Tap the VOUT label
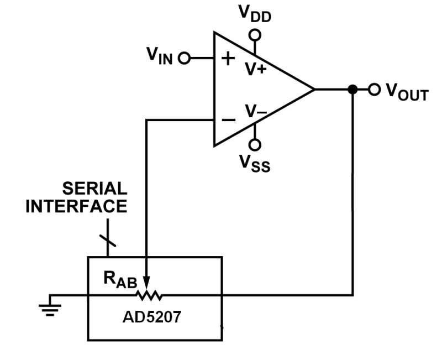point(406,91)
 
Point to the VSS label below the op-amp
point(255,163)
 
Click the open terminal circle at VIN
point(185,58)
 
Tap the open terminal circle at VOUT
point(375,89)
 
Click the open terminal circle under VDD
point(255,35)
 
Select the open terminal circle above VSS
point(255,144)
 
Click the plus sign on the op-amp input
point(227,59)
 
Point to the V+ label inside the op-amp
point(256,70)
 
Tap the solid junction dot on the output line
point(352,90)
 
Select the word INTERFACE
point(77,207)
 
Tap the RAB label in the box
point(118,278)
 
